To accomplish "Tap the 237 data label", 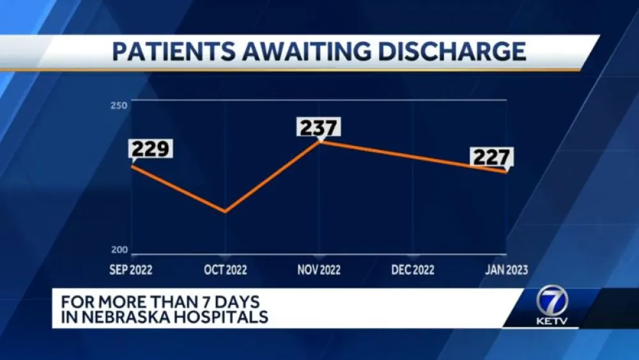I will [x=319, y=127].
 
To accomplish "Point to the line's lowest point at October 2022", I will [x=225, y=212].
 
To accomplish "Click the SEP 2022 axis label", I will [x=131, y=270].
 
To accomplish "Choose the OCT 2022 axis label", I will [x=225, y=270].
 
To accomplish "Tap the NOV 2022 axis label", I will [x=319, y=270].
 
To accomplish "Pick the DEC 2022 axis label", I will [x=413, y=270].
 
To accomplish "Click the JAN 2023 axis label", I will [x=507, y=270].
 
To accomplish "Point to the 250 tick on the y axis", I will [x=121, y=105].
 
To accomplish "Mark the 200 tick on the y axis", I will [x=121, y=250].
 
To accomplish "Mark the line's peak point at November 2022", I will [x=319, y=141].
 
